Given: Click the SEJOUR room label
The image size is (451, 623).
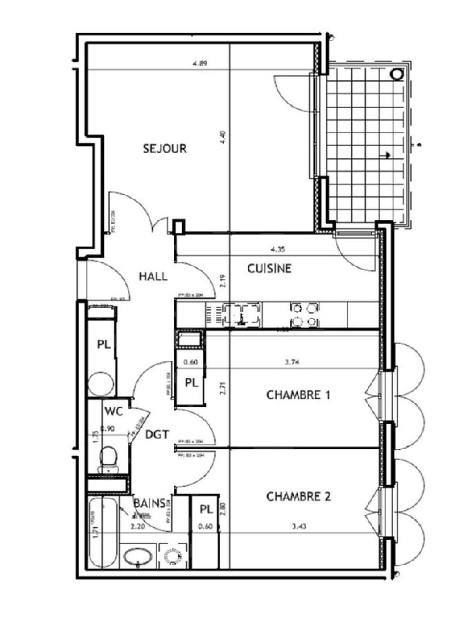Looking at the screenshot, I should pos(165,148).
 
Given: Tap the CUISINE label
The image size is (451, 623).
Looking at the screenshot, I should pos(269,268).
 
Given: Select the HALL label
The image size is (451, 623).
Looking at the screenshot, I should pos(153,276).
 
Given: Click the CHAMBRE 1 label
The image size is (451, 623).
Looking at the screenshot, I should pos(298,395).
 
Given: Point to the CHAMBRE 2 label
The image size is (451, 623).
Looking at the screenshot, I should pos(299,496).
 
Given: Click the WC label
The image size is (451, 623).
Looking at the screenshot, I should pos(114,411).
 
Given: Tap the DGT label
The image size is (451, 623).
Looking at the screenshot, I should pos(157,434).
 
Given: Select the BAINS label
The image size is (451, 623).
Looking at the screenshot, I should pos(149,503).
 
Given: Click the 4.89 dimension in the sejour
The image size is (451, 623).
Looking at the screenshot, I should pos(200,63).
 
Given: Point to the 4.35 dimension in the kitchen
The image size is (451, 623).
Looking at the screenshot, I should pos(278,249).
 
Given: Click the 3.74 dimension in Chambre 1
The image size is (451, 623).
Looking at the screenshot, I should pos(292,362).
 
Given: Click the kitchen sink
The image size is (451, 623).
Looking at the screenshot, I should pos(241,315).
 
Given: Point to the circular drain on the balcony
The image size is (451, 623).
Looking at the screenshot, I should pos(398,74).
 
